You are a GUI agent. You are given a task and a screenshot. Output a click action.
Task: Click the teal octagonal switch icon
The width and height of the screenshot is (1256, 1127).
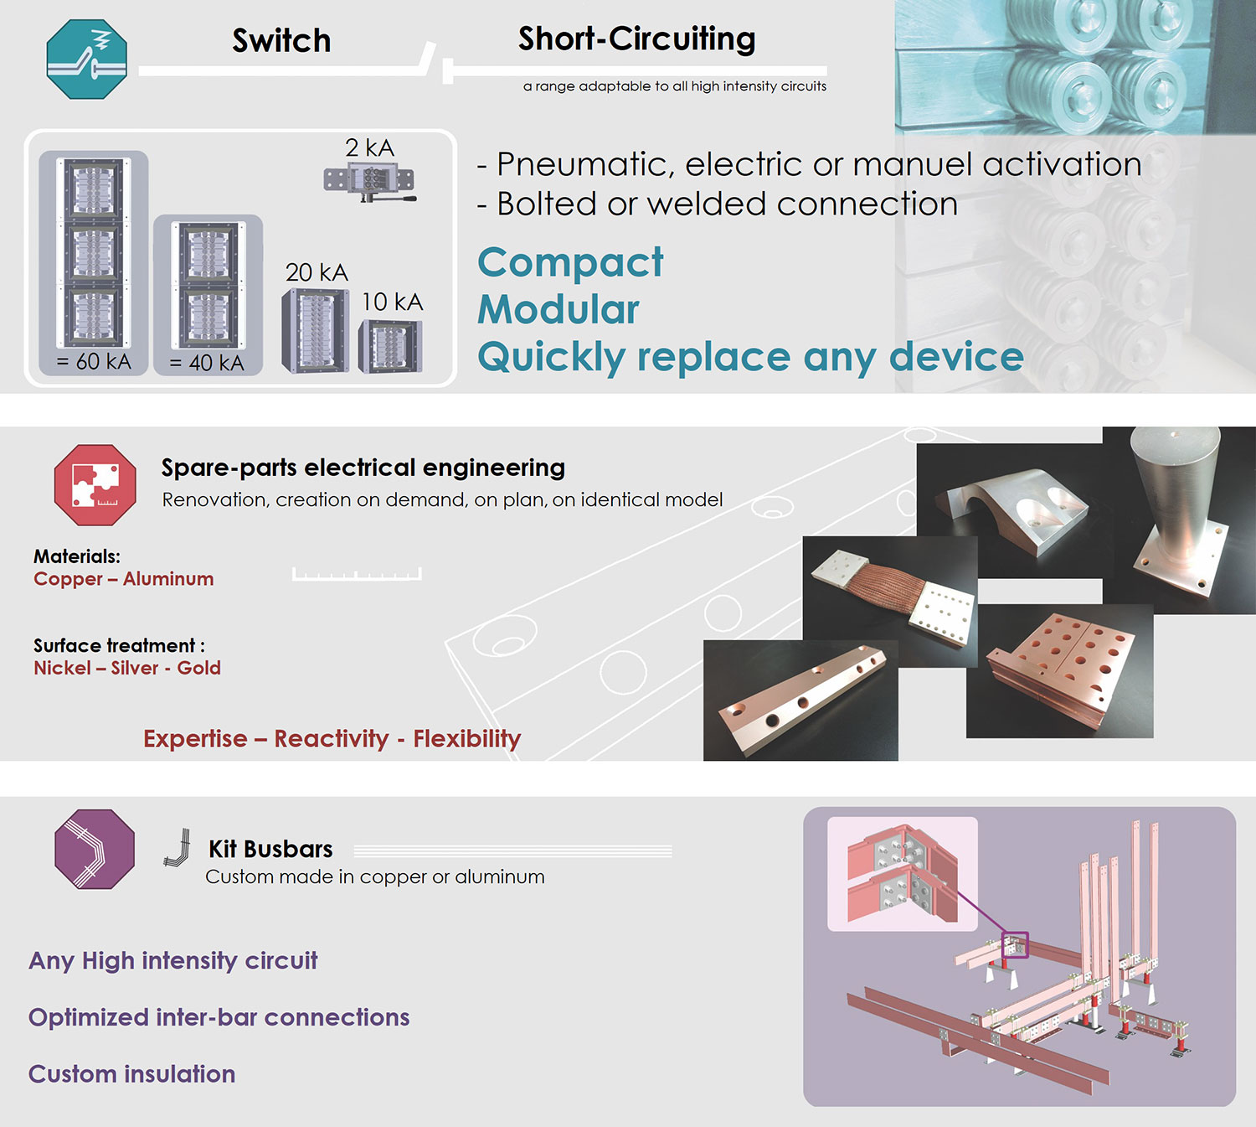coord(87,59)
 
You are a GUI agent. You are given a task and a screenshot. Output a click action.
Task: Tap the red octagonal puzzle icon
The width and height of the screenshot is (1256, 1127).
coord(95,484)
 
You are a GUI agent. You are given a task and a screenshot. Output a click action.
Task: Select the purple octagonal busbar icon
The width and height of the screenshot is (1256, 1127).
coord(95,849)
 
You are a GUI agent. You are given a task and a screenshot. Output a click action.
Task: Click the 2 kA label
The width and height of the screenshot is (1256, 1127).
coord(369,147)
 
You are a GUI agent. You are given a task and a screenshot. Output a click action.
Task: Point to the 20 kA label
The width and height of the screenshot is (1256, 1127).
coord(317,272)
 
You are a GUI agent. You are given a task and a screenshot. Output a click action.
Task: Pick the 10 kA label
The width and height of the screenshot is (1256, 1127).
coord(392,302)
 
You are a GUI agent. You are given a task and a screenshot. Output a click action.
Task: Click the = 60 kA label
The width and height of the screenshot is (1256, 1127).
coord(94,361)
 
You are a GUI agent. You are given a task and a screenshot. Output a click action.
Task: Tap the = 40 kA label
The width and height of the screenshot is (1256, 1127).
coord(207,363)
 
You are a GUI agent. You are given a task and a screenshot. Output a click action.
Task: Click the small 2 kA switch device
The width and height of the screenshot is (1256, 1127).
coord(369,181)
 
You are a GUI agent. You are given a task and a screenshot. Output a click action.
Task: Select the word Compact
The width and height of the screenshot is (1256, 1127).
coord(570,263)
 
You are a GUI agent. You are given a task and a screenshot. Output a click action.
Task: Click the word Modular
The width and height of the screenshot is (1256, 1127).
coord(558,309)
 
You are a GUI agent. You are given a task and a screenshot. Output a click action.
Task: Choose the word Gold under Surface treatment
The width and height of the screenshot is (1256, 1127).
coord(199,668)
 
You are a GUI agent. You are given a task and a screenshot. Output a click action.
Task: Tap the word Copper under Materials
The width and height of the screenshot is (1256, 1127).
coord(68,579)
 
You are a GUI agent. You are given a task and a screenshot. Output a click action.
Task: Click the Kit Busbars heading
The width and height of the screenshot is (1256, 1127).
coord(270,849)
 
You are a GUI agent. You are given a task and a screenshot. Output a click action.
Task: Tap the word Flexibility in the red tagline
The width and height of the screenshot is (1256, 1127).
coord(467,738)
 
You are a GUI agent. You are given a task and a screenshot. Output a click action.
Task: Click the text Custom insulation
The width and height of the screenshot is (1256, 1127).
coord(132,1073)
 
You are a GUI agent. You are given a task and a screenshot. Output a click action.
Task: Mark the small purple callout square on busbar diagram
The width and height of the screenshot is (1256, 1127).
coord(1016,944)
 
